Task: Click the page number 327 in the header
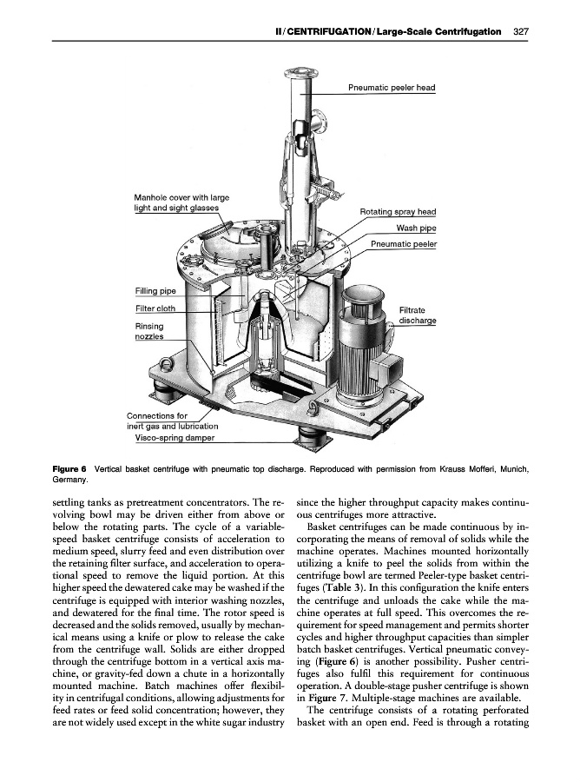pyautogui.click(x=521, y=32)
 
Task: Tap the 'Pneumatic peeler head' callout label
pyautogui.click(x=391, y=88)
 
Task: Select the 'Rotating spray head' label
pyautogui.click(x=397, y=212)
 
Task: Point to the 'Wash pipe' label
pyautogui.click(x=416, y=229)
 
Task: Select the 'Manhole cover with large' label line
pyautogui.click(x=181, y=198)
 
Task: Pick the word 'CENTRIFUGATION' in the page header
pyautogui.click(x=323, y=32)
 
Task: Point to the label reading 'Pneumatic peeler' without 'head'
pyautogui.click(x=403, y=245)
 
